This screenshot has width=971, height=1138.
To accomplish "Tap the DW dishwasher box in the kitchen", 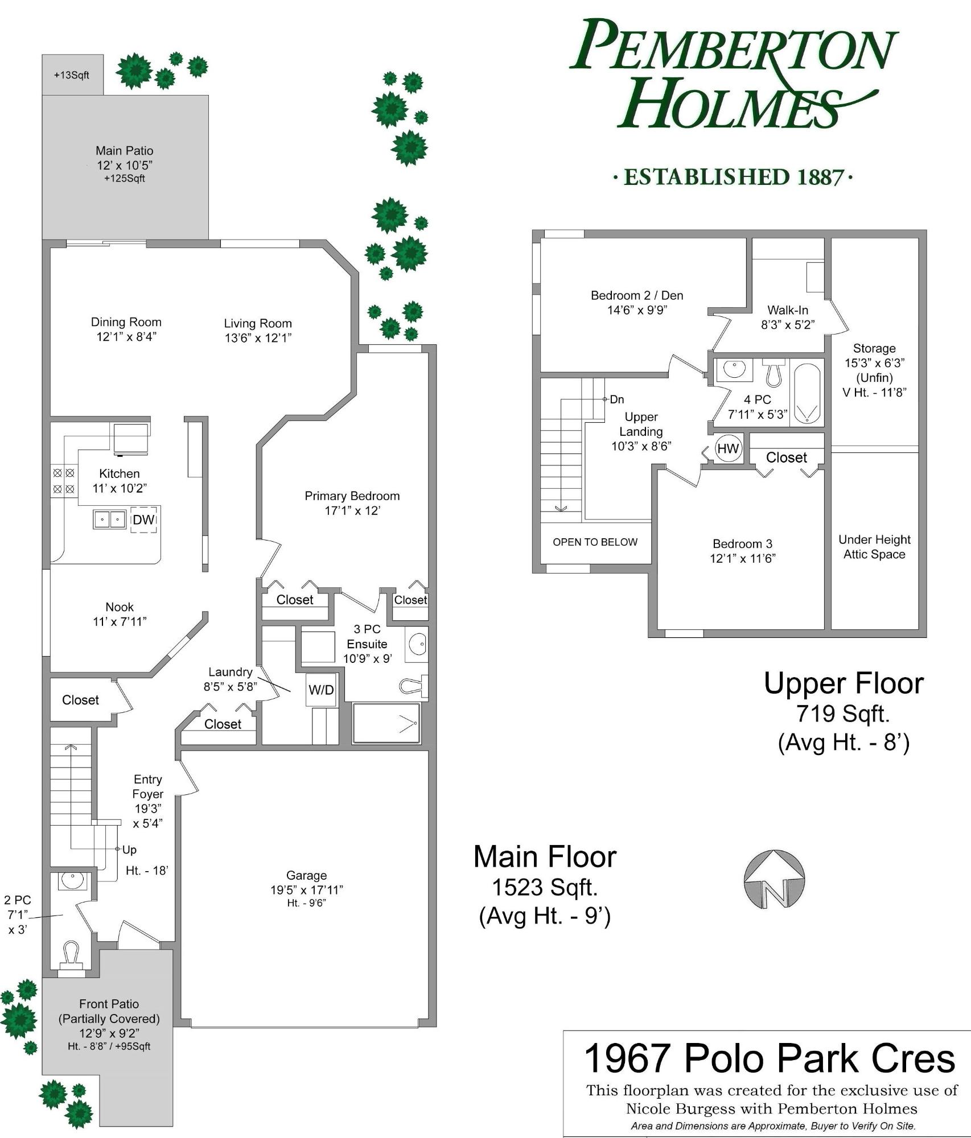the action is pyautogui.click(x=143, y=519).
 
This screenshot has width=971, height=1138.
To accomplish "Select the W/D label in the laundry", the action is pyautogui.click(x=321, y=690).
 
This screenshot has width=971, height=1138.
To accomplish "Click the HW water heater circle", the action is pyautogui.click(x=727, y=449).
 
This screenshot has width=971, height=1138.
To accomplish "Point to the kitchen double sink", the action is pyautogui.click(x=110, y=519).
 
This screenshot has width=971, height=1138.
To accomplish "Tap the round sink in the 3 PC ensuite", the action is pyautogui.click(x=417, y=645).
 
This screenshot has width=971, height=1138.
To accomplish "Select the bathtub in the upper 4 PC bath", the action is pyautogui.click(x=807, y=393).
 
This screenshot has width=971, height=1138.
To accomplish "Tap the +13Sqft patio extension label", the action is pyautogui.click(x=72, y=75).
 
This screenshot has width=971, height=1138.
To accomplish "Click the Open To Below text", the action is pyautogui.click(x=595, y=542).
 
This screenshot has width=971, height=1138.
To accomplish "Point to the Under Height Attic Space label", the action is pyautogui.click(x=874, y=547).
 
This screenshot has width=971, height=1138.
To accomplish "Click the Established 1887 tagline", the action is pyautogui.click(x=733, y=177).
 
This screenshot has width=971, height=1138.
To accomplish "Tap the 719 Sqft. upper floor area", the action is pyautogui.click(x=843, y=713).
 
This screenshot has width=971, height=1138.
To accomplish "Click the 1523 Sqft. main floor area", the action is pyautogui.click(x=545, y=887).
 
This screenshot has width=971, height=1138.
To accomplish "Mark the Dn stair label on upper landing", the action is pyautogui.click(x=617, y=399).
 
